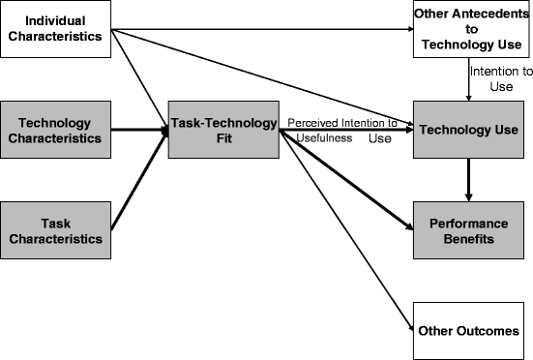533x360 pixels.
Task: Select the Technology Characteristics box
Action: click(x=56, y=131)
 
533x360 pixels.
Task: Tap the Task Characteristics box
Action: click(x=56, y=228)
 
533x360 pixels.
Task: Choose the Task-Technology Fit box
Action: click(x=222, y=130)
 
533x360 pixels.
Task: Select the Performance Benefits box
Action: click(x=471, y=228)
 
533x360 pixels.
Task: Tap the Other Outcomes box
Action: click(x=471, y=331)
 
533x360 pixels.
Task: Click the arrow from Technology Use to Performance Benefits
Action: click(x=469, y=179)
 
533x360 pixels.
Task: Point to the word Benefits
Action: click(x=470, y=237)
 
